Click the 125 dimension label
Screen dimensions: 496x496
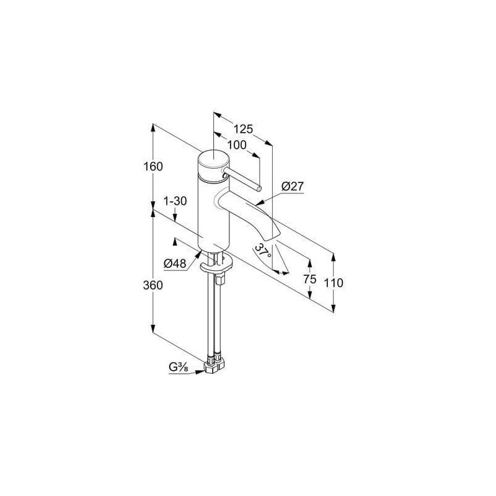pos(243,129)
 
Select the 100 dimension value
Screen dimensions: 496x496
pos(237,145)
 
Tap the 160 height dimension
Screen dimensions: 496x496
pos(153,166)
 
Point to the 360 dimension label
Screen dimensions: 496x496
pos(153,285)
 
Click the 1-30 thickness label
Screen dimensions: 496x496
pos(175,201)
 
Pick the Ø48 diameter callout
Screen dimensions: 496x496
pos(175,263)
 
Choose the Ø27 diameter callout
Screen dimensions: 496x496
pos(292,187)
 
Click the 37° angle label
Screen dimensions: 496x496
pos(263,250)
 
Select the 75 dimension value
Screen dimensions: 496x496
pos(309,279)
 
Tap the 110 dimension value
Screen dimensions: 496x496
pos(334,283)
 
